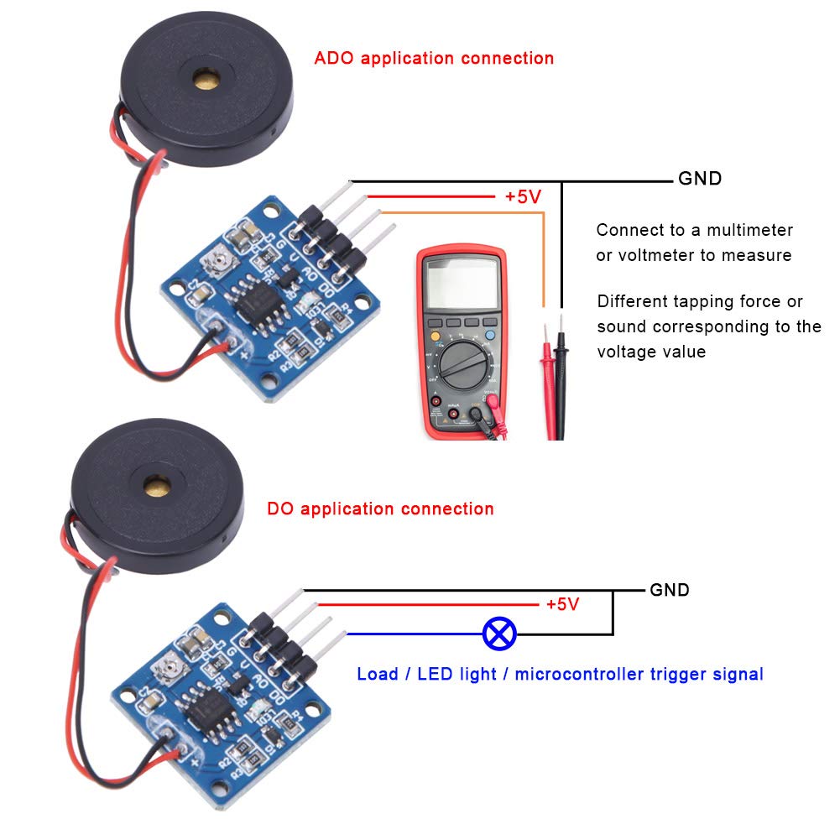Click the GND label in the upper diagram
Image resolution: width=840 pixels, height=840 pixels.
699,179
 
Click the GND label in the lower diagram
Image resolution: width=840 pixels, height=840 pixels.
670,590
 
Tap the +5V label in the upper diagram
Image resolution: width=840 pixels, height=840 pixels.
522,196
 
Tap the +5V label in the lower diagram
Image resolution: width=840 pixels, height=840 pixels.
562,604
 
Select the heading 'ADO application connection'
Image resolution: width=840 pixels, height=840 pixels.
434,59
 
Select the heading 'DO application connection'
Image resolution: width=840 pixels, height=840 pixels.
380,509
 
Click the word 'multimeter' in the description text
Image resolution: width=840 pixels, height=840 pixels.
749,230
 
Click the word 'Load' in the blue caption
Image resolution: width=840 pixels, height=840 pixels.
378,674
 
